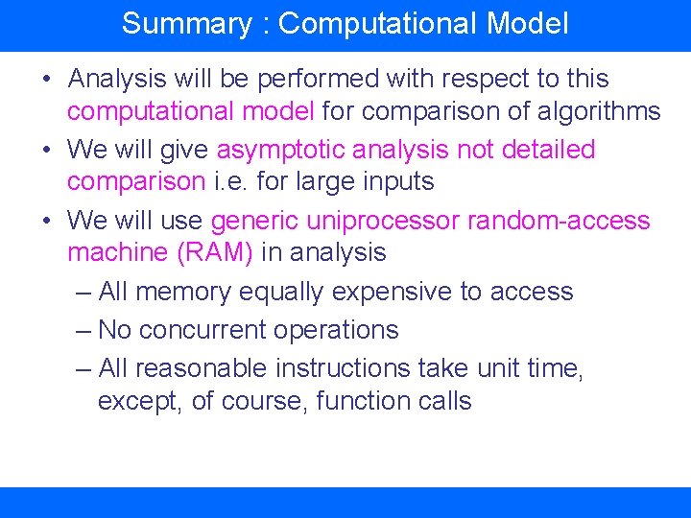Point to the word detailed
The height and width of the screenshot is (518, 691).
[541, 150]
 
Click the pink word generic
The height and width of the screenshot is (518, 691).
[254, 221]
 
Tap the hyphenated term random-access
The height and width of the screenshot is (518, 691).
[559, 221]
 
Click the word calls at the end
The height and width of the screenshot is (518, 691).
[444, 401]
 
